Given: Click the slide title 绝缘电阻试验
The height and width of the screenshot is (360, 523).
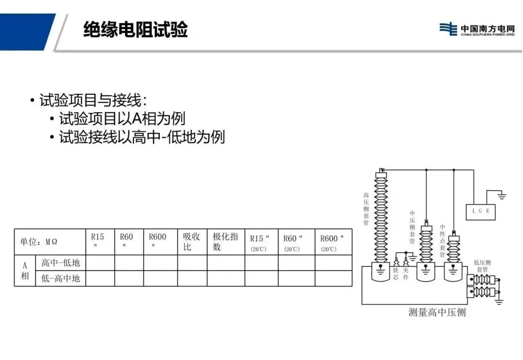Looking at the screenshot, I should click(135, 30).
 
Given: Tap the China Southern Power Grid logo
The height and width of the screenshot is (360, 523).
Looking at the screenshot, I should click(477, 29).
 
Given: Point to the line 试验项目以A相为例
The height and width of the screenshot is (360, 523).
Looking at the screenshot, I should click(122, 119).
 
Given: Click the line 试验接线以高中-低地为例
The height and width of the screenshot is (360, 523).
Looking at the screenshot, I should click(141, 137).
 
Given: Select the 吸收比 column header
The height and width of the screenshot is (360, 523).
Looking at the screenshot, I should click(191, 241).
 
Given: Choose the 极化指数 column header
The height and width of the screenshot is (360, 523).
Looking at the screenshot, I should click(225, 241).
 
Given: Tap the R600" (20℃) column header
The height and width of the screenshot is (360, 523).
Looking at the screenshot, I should click(332, 242).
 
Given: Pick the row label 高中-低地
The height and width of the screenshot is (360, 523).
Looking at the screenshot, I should click(61, 263).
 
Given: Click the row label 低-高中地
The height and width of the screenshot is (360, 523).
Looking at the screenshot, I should click(61, 278).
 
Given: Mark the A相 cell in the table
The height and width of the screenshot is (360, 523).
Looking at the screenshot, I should click(25, 270).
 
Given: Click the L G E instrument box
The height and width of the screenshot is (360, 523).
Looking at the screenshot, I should click(480, 211).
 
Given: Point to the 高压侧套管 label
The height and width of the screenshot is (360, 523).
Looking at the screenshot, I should click(366, 210).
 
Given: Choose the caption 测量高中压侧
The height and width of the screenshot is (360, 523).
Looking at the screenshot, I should click(437, 312).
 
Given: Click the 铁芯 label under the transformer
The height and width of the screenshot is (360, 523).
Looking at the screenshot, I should click(396, 274).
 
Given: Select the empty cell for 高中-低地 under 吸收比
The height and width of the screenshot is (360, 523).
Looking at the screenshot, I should click(192, 263).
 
